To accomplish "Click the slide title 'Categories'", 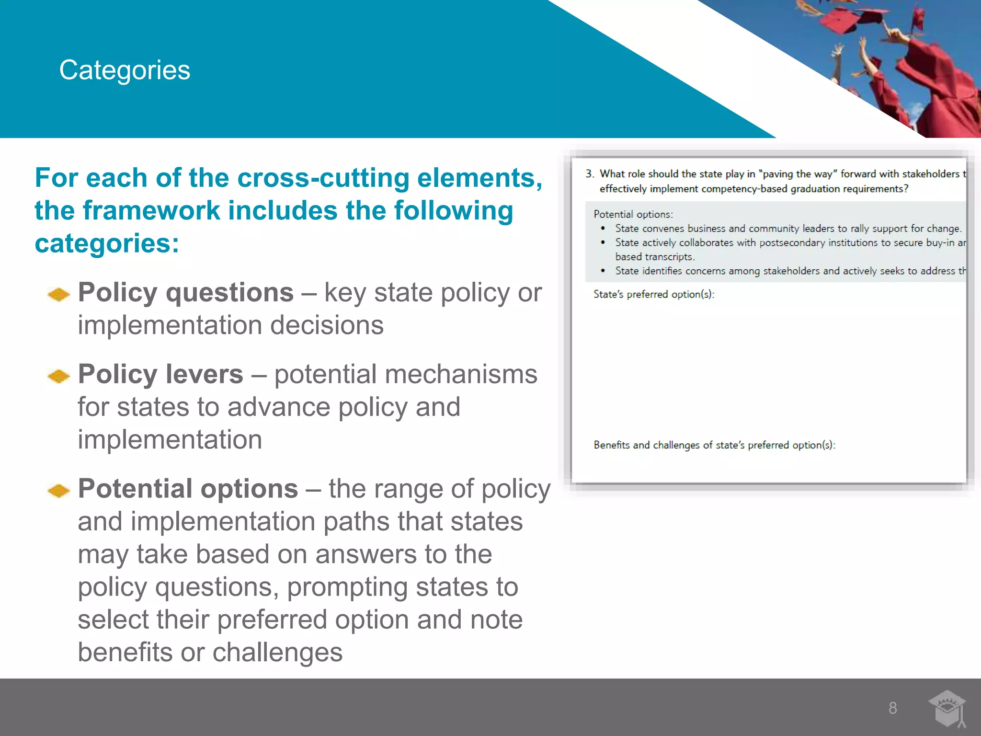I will (125, 70).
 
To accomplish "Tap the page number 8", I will (892, 708).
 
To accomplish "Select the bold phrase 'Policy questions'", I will (186, 292).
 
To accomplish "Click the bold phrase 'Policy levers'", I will (160, 374).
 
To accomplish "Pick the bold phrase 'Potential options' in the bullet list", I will (188, 489).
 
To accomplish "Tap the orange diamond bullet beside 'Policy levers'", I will (59, 376).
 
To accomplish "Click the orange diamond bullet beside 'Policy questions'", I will (59, 294).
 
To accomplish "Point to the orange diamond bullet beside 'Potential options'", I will (59, 491).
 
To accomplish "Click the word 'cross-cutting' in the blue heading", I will (323, 178).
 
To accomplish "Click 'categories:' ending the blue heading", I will (107, 243).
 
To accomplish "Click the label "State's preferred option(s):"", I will (654, 294).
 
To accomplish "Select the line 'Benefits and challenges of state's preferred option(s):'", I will (714, 445).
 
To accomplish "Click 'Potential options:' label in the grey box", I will (633, 214).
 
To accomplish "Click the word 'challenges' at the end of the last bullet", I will (277, 653).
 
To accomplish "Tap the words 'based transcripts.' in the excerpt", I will (655, 257).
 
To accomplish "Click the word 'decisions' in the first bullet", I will (327, 325).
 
